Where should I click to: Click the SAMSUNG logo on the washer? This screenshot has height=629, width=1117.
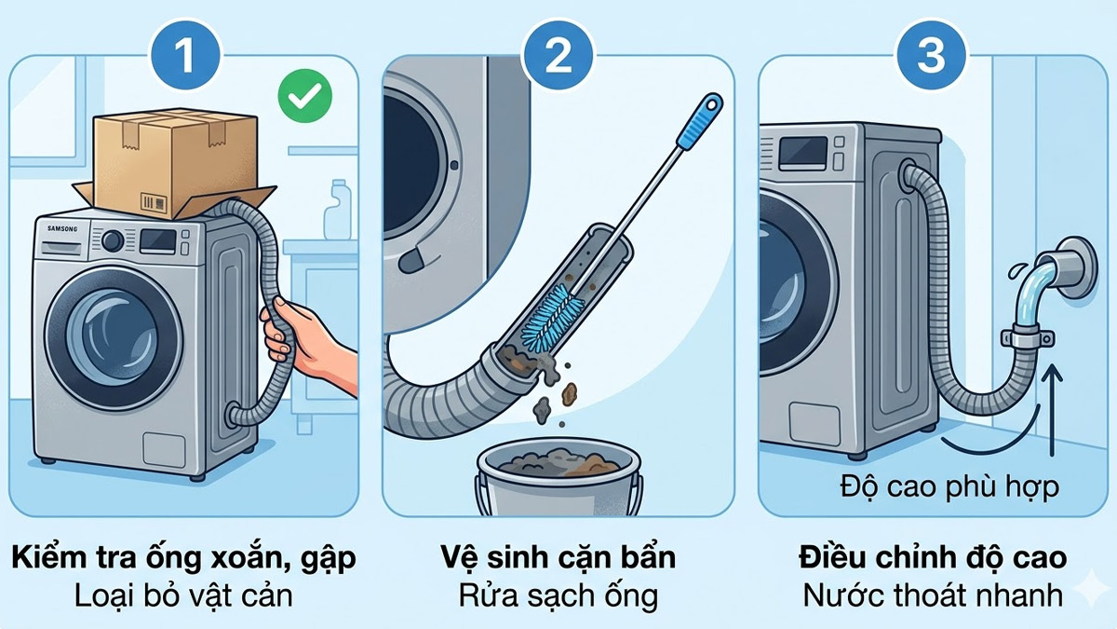[x=63, y=229]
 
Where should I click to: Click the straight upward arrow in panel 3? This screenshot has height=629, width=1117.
[x=1052, y=410]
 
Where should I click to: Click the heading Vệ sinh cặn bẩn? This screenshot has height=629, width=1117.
[x=558, y=558]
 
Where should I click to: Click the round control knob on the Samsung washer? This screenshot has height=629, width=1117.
[x=113, y=241]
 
